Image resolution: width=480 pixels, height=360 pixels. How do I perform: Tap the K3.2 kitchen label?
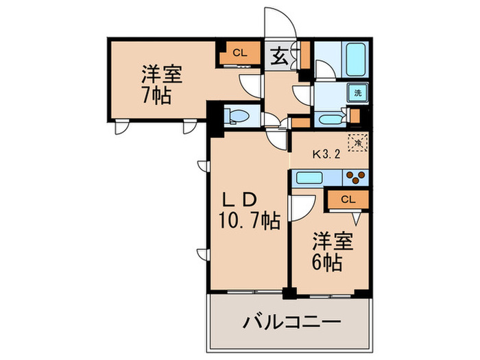tap(328, 154)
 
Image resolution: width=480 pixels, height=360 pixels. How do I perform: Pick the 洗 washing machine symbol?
tap(358, 92)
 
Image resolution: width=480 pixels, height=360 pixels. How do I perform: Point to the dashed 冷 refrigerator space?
tap(357, 143)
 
